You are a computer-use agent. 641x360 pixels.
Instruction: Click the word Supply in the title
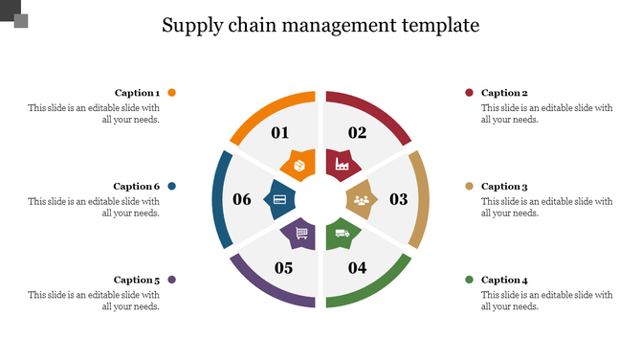click(191, 25)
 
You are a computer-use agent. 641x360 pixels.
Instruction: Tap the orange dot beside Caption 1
click(172, 93)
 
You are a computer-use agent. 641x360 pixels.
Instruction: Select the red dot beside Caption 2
click(469, 93)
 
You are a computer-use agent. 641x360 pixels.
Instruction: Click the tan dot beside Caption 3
click(469, 186)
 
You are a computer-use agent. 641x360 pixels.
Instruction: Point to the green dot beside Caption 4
click(469, 280)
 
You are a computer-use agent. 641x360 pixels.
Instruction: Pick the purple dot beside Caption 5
click(172, 280)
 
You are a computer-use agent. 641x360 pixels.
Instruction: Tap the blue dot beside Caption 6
click(172, 186)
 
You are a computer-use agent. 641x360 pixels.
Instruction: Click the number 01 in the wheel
click(280, 133)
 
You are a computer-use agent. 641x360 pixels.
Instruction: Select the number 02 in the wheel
click(357, 133)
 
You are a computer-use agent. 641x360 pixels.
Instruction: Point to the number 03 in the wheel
click(399, 199)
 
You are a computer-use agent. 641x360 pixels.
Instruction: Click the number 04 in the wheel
click(357, 267)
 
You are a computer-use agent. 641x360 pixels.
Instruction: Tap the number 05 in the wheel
click(283, 267)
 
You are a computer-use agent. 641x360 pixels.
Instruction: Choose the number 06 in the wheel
click(242, 199)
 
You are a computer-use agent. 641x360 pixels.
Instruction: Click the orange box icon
click(299, 167)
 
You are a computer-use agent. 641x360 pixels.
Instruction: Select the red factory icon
click(340, 167)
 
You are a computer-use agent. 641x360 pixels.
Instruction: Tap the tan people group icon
click(361, 200)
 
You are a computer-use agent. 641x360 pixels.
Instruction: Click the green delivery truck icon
click(341, 233)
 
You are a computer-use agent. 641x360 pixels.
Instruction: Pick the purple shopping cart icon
click(300, 233)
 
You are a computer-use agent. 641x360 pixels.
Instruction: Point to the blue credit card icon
click(279, 199)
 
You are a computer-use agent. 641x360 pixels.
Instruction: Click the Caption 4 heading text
click(504, 280)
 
